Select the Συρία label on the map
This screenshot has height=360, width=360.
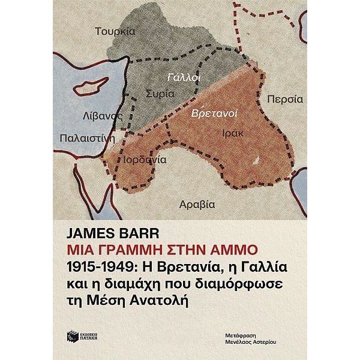(x=160, y=94)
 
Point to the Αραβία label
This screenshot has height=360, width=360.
(x=197, y=204)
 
